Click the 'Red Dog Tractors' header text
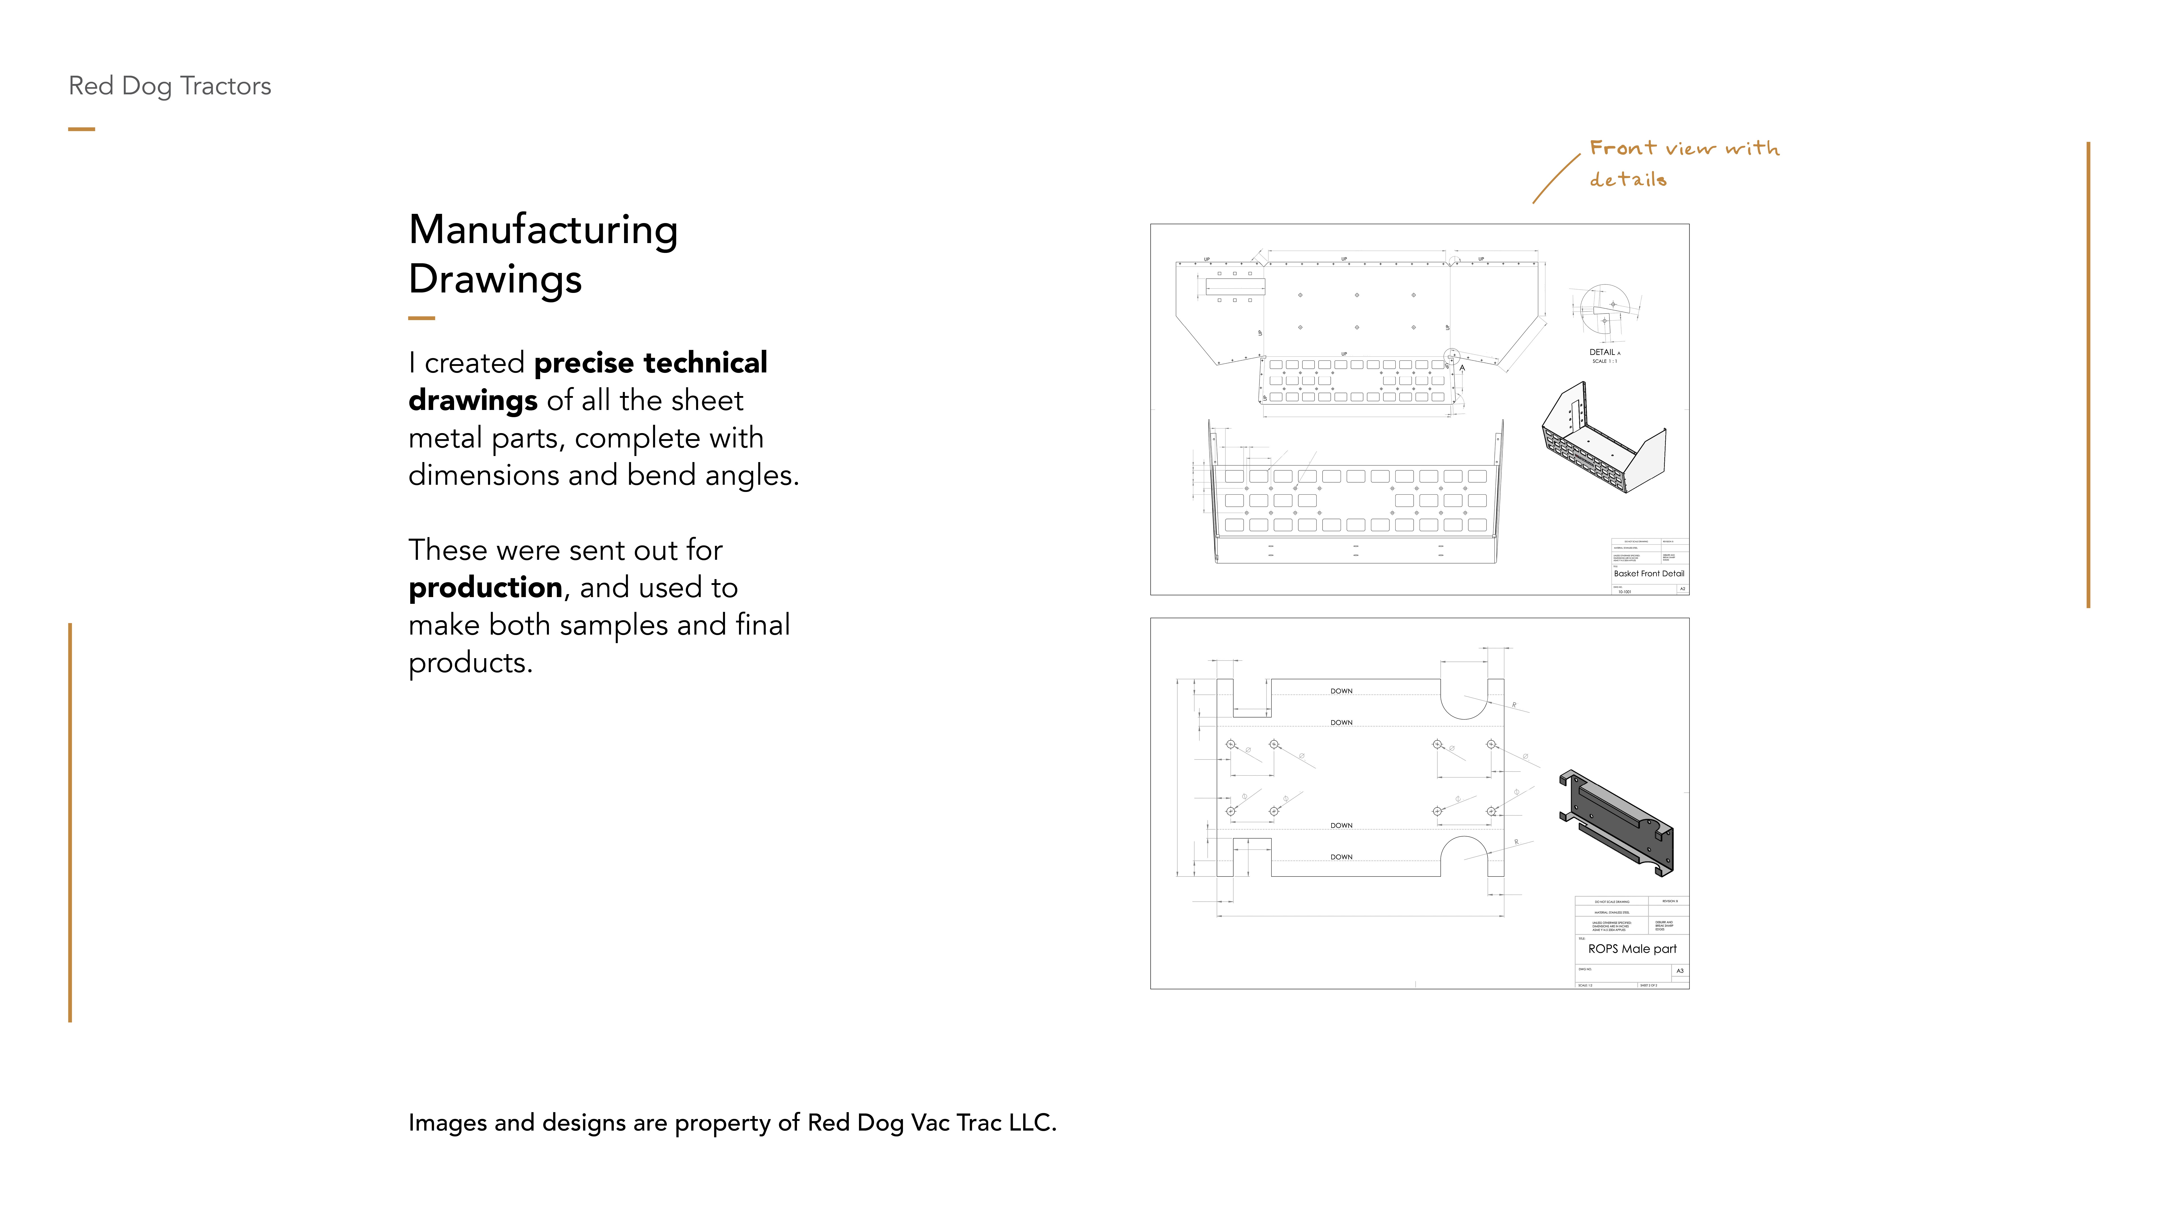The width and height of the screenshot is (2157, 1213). [170, 86]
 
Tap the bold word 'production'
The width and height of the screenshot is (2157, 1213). [485, 588]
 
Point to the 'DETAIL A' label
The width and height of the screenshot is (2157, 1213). [1604, 352]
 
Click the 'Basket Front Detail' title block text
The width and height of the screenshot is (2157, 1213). [1648, 573]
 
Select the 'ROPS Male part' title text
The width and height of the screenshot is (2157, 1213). [1632, 948]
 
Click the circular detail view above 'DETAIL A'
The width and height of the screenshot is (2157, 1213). [1605, 311]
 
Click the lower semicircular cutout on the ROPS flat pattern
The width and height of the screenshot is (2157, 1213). [1464, 854]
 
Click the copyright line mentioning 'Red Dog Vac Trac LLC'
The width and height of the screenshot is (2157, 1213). [732, 1123]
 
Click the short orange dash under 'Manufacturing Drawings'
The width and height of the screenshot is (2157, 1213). [421, 318]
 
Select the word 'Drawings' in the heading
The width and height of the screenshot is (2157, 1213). [495, 279]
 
